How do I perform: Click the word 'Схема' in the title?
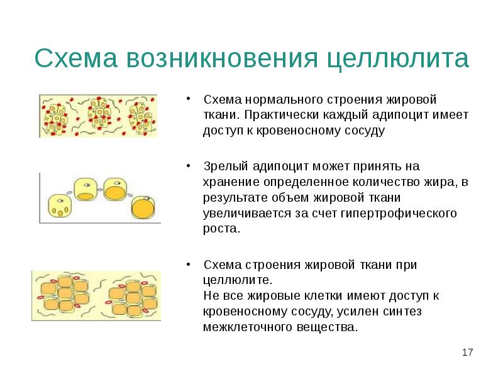pos(75,58)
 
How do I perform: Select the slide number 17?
pos(467,352)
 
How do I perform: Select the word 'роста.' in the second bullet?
pos(221,229)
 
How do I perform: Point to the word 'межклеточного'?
pos(246,327)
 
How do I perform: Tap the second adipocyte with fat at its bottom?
pos(86,188)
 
